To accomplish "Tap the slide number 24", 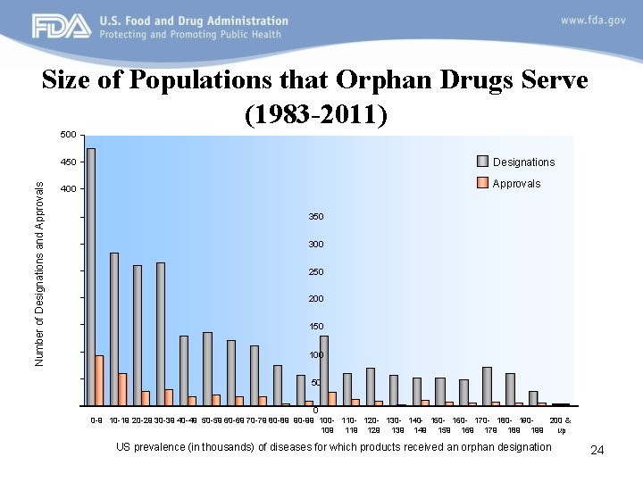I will (597, 451).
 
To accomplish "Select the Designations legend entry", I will (523, 162).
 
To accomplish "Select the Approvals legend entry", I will (516, 183).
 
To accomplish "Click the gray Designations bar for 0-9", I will (91, 277).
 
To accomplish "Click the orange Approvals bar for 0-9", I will (99, 380).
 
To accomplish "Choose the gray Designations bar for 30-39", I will (161, 334).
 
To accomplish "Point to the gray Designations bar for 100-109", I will (324, 370).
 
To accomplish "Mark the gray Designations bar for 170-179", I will (487, 386).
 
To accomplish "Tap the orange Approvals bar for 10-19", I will (122, 389).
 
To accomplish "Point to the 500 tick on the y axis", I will (68, 135).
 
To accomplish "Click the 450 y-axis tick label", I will (68, 162).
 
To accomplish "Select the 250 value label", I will (317, 271).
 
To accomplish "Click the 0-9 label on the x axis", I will (96, 420).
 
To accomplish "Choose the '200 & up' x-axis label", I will (561, 424).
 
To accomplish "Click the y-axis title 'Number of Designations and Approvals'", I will (39, 268).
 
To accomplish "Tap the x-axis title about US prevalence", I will (334, 446).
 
